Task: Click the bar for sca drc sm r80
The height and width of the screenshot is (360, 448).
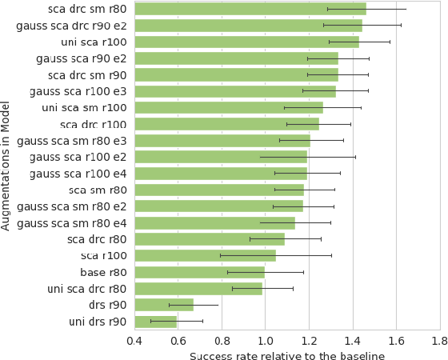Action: pos(250,9)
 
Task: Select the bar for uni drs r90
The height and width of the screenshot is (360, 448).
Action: pos(155,322)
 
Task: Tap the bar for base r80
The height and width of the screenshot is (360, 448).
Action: pos(199,272)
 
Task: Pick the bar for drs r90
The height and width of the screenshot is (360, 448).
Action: pos(164,305)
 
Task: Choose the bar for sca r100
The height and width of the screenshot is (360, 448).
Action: pos(205,256)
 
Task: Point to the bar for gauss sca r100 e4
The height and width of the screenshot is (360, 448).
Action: pos(221,174)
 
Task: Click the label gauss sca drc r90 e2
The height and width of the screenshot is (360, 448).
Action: pos(71,26)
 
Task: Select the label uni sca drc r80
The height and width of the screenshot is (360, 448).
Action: pos(86,289)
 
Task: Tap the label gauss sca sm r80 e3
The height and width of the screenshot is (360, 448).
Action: pos(71,141)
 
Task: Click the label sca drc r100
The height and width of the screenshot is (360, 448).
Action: pos(93,124)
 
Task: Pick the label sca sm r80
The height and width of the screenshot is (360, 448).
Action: pos(98,190)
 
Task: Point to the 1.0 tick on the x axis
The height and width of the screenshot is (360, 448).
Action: pos(265,342)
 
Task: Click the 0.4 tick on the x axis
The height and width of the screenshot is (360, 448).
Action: pos(134,342)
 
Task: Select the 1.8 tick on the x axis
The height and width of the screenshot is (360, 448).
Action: pos(438,342)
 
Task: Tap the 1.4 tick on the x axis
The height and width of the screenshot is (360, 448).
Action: pos(352,342)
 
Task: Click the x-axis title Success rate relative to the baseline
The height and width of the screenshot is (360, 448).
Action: pos(286,356)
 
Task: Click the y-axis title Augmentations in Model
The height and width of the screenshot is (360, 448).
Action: pos(6,166)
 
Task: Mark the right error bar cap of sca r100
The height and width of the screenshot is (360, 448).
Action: pos(331,256)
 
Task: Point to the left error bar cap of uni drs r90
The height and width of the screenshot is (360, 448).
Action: pos(150,322)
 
